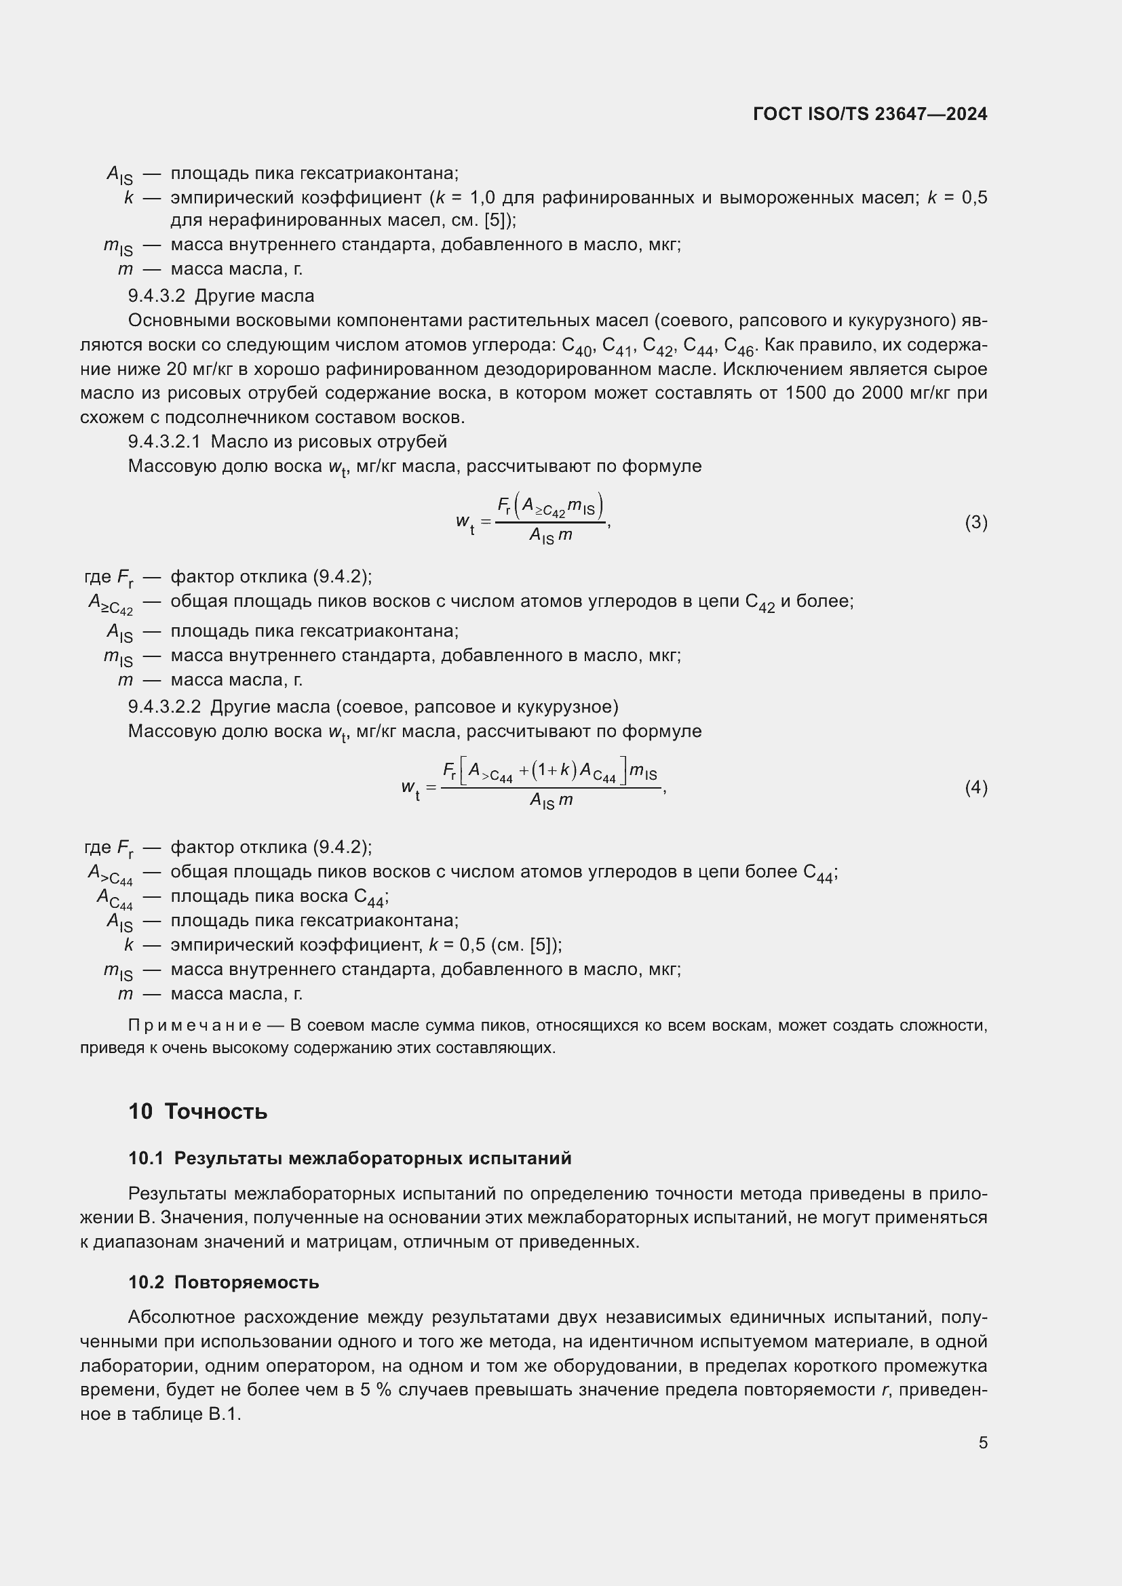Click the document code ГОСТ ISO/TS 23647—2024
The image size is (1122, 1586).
(870, 114)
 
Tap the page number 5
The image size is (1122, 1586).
(982, 1442)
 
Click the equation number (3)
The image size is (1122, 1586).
(975, 523)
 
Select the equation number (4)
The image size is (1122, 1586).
(975, 787)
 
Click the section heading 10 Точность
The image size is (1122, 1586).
(197, 1111)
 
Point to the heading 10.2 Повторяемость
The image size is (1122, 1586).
(223, 1283)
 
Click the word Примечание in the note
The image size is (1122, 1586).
(194, 1025)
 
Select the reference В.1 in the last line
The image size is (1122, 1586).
(224, 1414)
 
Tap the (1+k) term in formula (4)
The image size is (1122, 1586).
(554, 770)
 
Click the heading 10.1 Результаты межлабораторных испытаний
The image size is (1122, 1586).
(349, 1158)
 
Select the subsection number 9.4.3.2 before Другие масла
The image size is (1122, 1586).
(156, 296)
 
